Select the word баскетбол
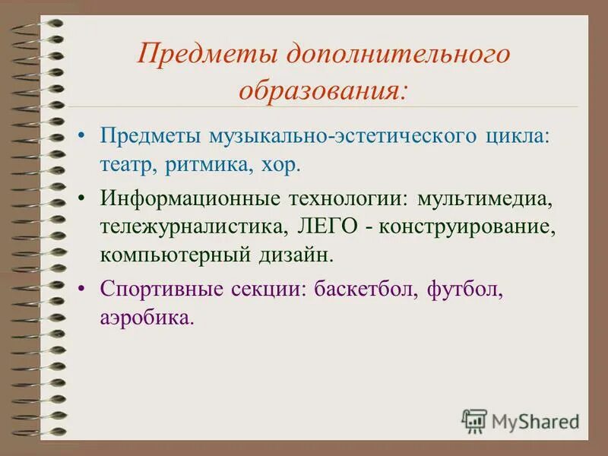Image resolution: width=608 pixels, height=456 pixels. [x=359, y=289]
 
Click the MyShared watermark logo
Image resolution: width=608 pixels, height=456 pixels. [x=521, y=420]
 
